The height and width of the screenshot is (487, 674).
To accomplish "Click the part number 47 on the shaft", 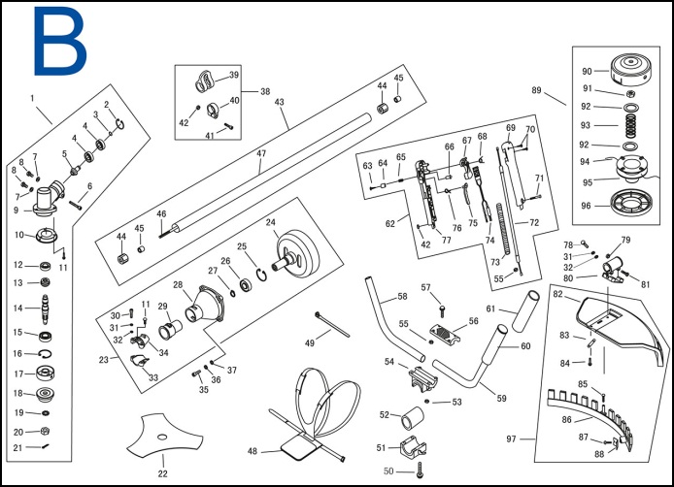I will tap(260, 153).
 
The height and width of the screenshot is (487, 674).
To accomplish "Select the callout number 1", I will tap(32, 98).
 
